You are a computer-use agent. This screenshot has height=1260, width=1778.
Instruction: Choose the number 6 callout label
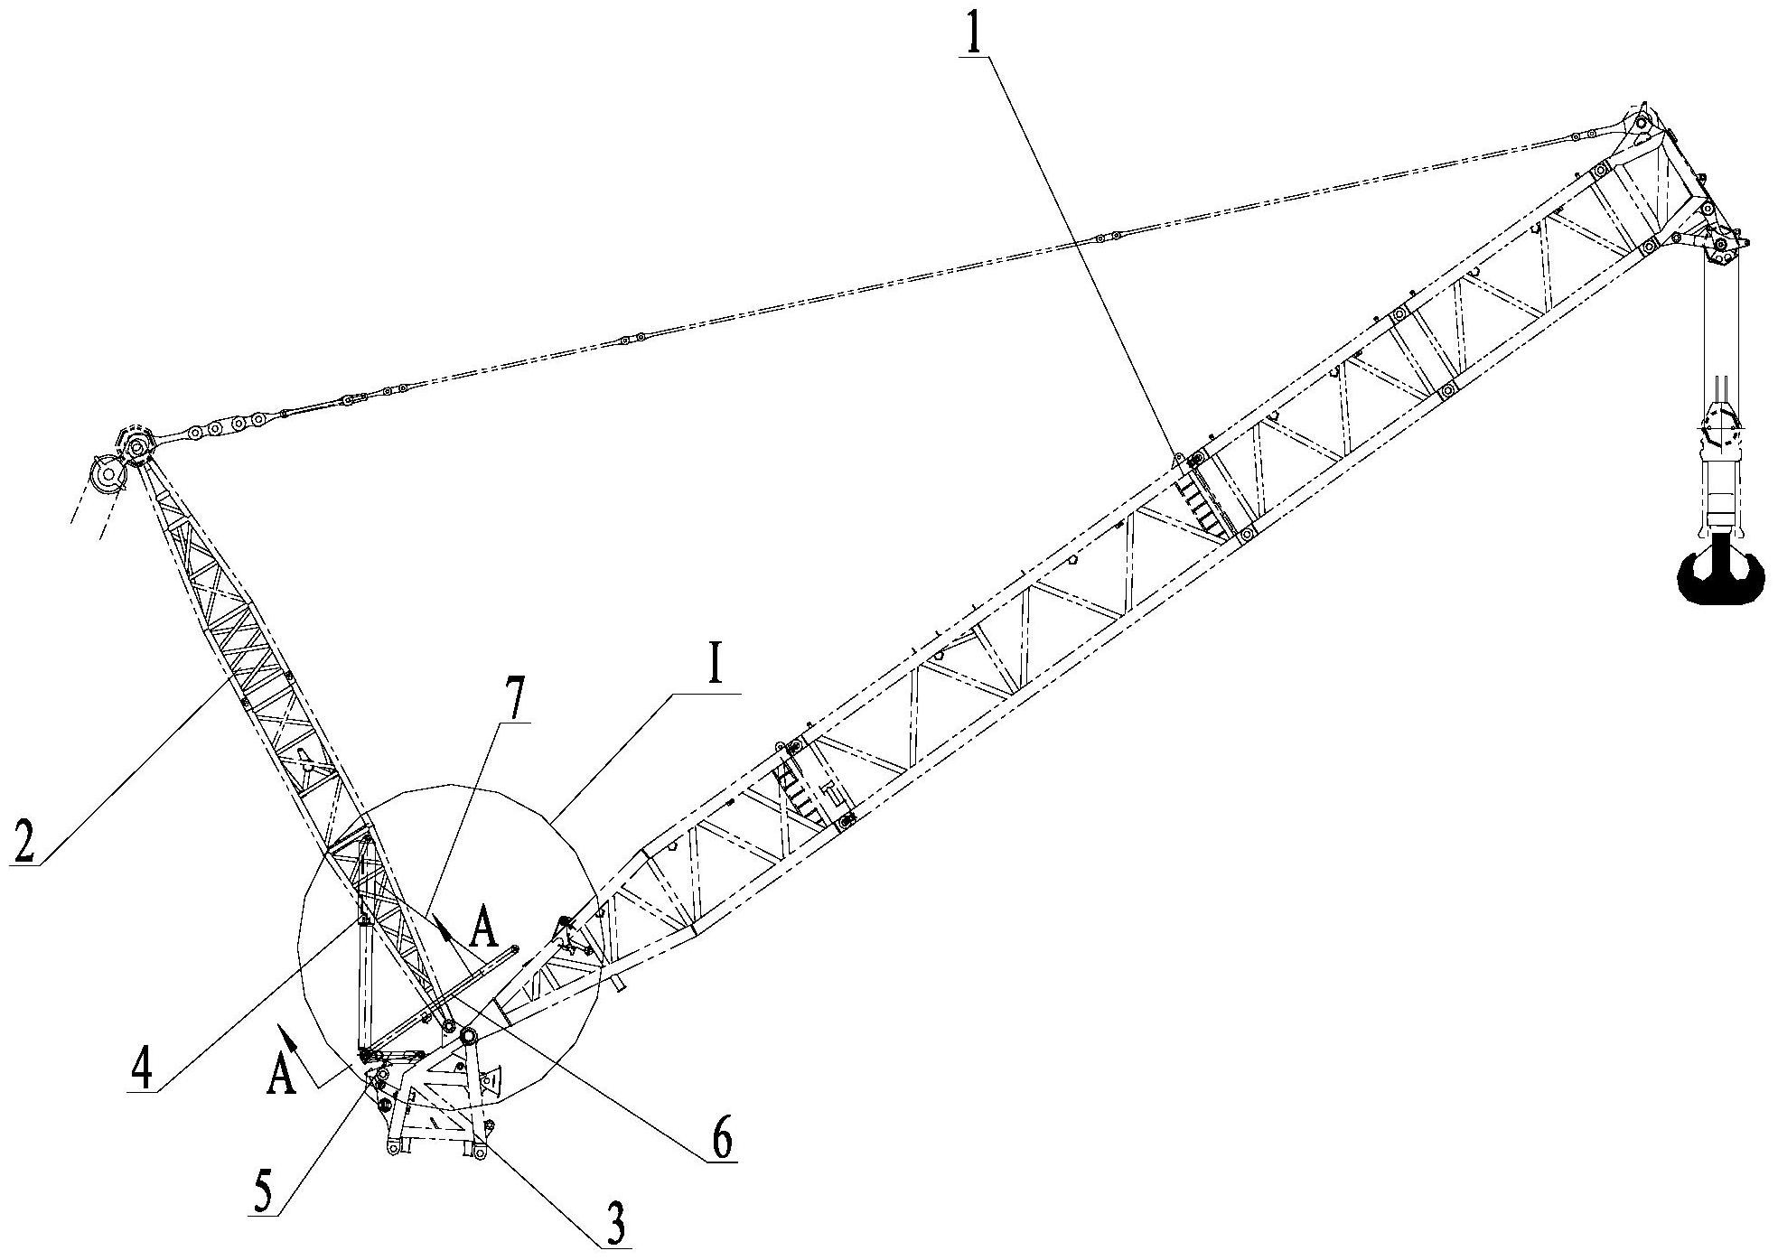[722, 1142]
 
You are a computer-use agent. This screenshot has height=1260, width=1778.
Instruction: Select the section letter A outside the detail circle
[282, 1076]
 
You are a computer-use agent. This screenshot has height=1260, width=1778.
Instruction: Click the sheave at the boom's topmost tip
[1642, 121]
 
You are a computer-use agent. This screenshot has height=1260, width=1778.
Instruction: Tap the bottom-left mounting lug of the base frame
[391, 1148]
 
